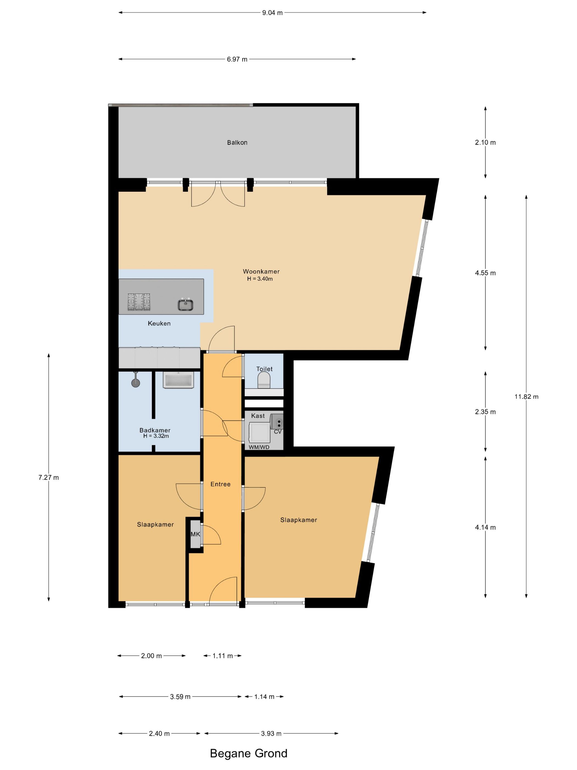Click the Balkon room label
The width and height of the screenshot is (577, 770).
[x=237, y=142]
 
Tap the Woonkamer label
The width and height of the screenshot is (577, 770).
[x=261, y=271]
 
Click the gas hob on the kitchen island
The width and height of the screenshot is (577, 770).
[x=139, y=302]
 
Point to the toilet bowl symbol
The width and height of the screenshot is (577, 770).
[x=264, y=380]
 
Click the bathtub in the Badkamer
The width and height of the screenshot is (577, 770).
[x=178, y=380]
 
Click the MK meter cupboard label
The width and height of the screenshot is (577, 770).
[x=195, y=534]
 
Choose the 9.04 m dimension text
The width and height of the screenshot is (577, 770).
[x=272, y=13]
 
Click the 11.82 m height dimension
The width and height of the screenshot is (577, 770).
[x=526, y=397]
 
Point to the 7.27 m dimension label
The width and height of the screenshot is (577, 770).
[x=49, y=478]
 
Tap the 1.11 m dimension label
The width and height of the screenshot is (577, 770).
[x=223, y=656]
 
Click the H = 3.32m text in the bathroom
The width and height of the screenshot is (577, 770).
[x=156, y=436]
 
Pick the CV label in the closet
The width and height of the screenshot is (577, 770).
[x=278, y=432]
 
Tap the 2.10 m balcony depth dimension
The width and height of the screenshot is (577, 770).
[x=486, y=142]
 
